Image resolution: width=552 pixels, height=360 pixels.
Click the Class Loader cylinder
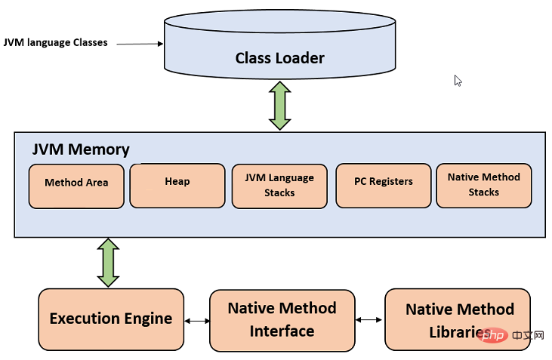pos(280,45)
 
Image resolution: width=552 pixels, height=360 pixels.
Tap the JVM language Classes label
pos(56,42)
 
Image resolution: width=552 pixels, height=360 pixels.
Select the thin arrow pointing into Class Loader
pos(140,44)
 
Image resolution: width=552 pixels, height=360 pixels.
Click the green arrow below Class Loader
pos(280,106)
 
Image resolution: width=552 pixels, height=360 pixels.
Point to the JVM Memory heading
pos(81,149)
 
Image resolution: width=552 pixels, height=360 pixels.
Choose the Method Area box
pos(76,186)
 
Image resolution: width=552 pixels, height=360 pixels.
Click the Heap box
pos(177,186)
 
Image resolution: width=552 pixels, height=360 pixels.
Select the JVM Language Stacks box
pos(279,186)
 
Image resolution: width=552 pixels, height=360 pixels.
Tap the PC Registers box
pos(384,186)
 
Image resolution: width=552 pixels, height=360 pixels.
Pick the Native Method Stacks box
pos(484,186)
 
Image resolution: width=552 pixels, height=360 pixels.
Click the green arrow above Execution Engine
pos(108,263)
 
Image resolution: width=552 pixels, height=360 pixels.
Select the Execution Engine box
pos(111,319)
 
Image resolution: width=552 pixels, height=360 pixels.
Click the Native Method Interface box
pos(282,320)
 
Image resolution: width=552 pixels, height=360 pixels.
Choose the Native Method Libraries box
pos(458,319)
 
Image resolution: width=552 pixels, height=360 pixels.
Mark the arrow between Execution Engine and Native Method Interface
pos(197,321)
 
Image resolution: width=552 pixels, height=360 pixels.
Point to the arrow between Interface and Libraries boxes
pos(369,319)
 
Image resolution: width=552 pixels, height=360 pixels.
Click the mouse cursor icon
pos(458,81)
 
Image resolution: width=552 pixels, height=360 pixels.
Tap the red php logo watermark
pos(493,335)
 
